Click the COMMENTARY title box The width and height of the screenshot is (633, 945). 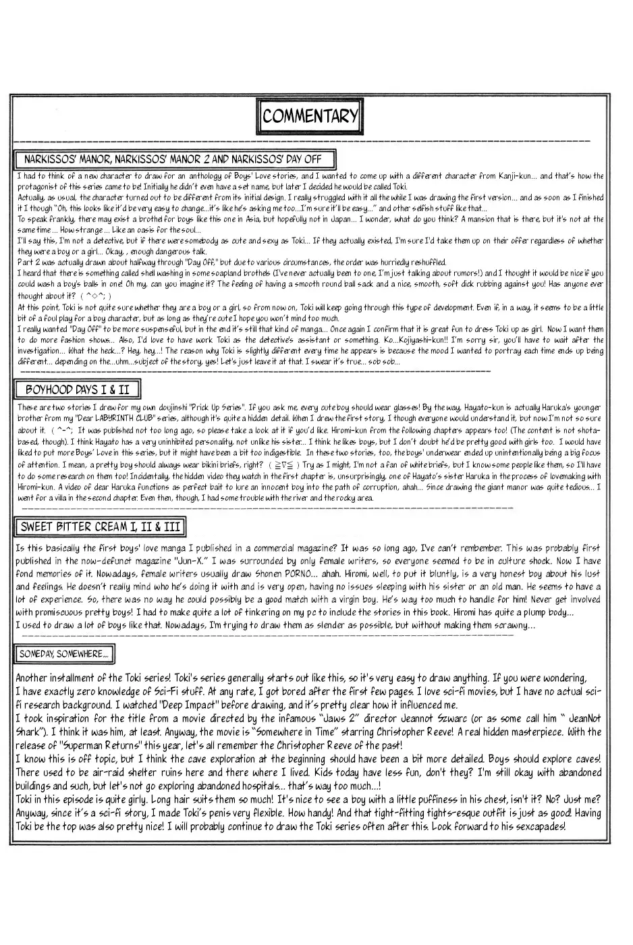pyautogui.click(x=310, y=116)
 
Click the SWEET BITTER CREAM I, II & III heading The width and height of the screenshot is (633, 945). pyautogui.click(x=100, y=526)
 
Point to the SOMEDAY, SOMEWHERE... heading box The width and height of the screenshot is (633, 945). pyautogui.click(x=63, y=653)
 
